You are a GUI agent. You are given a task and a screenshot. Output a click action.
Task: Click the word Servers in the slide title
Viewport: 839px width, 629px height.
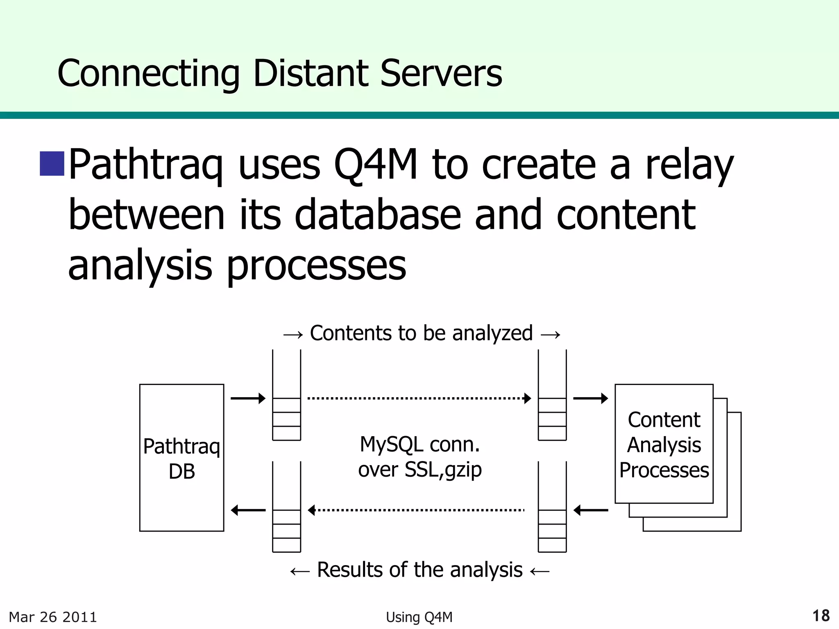[x=441, y=74]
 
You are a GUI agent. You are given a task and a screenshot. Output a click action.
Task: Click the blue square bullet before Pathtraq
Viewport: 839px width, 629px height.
[x=52, y=163]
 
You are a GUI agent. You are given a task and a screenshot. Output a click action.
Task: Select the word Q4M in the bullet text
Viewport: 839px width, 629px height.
[x=375, y=164]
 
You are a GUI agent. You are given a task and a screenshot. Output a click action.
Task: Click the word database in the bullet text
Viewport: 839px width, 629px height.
[x=377, y=215]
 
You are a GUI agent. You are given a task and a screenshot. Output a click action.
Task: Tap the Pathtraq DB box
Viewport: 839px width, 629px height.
[x=181, y=457]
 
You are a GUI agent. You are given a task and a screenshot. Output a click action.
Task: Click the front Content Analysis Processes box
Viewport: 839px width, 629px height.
[x=664, y=444]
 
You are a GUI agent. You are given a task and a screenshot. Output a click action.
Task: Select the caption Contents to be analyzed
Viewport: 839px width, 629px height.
[x=421, y=333]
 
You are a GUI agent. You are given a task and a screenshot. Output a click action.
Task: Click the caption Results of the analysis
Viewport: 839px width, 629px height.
[x=419, y=570]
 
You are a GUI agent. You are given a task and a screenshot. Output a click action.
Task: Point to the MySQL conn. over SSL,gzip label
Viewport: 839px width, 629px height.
[x=419, y=457]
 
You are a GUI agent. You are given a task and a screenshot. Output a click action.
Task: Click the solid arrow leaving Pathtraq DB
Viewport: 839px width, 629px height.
[x=248, y=398]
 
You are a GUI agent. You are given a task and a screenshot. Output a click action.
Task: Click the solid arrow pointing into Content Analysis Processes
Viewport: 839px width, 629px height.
[x=590, y=398]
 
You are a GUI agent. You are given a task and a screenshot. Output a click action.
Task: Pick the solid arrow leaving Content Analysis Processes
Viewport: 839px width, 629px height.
[x=590, y=510]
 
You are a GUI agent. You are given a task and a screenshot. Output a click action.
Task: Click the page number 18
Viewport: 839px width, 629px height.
[x=821, y=616]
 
